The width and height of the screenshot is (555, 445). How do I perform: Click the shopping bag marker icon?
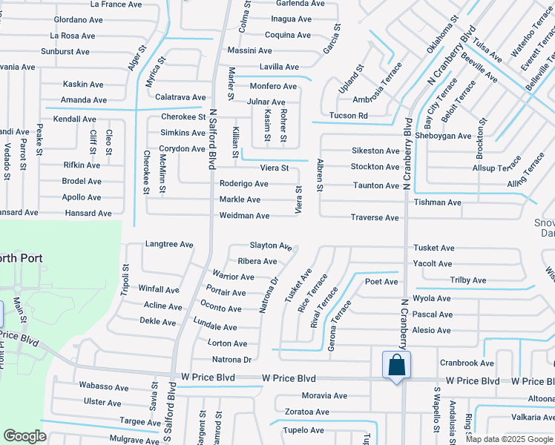(x=396, y=365)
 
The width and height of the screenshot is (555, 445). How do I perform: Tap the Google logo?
(x=24, y=436)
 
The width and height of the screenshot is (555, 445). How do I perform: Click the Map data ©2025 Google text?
(x=509, y=439)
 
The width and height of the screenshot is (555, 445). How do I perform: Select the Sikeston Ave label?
(x=375, y=151)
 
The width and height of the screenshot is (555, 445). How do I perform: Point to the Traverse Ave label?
(x=375, y=218)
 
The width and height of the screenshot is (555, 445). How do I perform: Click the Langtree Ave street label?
(x=169, y=244)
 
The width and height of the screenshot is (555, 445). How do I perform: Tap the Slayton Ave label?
(x=271, y=245)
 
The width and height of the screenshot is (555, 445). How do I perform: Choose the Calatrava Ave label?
(x=180, y=97)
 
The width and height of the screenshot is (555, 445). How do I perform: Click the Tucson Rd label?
(x=349, y=116)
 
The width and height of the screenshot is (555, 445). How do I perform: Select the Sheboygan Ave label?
(x=444, y=136)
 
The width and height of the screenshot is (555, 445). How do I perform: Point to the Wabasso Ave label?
(x=104, y=387)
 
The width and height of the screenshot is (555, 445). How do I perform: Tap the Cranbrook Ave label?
(x=467, y=363)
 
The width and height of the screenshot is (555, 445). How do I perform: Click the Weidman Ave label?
(x=244, y=216)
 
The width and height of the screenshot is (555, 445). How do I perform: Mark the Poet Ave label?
(x=381, y=282)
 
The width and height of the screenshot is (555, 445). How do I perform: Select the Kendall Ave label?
(x=75, y=119)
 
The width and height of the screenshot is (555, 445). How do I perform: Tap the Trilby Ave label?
(x=468, y=280)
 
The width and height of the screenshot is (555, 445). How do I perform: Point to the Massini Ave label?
(x=249, y=50)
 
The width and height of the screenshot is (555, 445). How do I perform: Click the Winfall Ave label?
(x=159, y=289)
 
